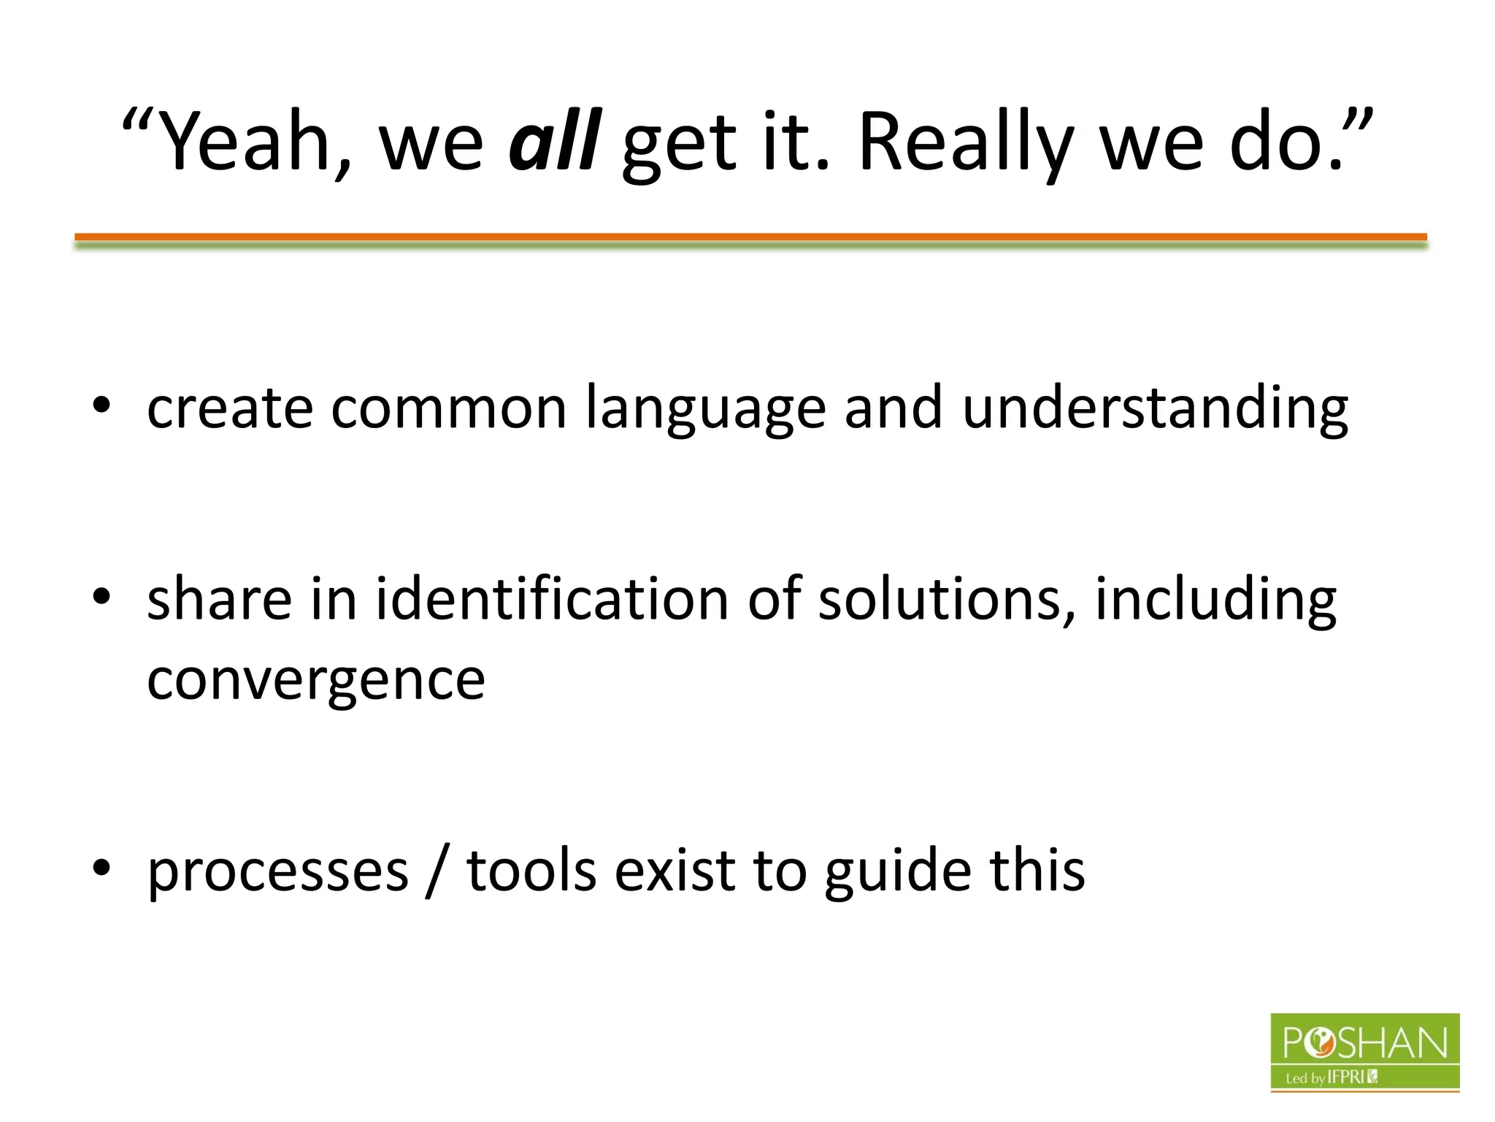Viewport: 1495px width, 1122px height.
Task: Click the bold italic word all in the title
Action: [555, 141]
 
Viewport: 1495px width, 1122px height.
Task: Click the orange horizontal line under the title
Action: [750, 237]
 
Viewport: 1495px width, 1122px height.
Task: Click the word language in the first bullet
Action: [706, 409]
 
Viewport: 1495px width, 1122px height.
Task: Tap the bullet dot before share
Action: [101, 597]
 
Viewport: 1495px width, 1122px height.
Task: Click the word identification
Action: [552, 599]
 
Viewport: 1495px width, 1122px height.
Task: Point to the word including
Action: [1215, 599]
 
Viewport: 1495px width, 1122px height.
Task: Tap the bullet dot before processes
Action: [101, 868]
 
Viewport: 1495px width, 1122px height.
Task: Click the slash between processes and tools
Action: [437, 871]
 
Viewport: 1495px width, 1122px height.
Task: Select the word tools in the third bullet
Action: [531, 871]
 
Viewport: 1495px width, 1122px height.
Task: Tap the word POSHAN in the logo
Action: [1364, 1043]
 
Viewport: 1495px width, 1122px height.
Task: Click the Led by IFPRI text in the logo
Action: [1330, 1077]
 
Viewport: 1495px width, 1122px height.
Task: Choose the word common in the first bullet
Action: [448, 409]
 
